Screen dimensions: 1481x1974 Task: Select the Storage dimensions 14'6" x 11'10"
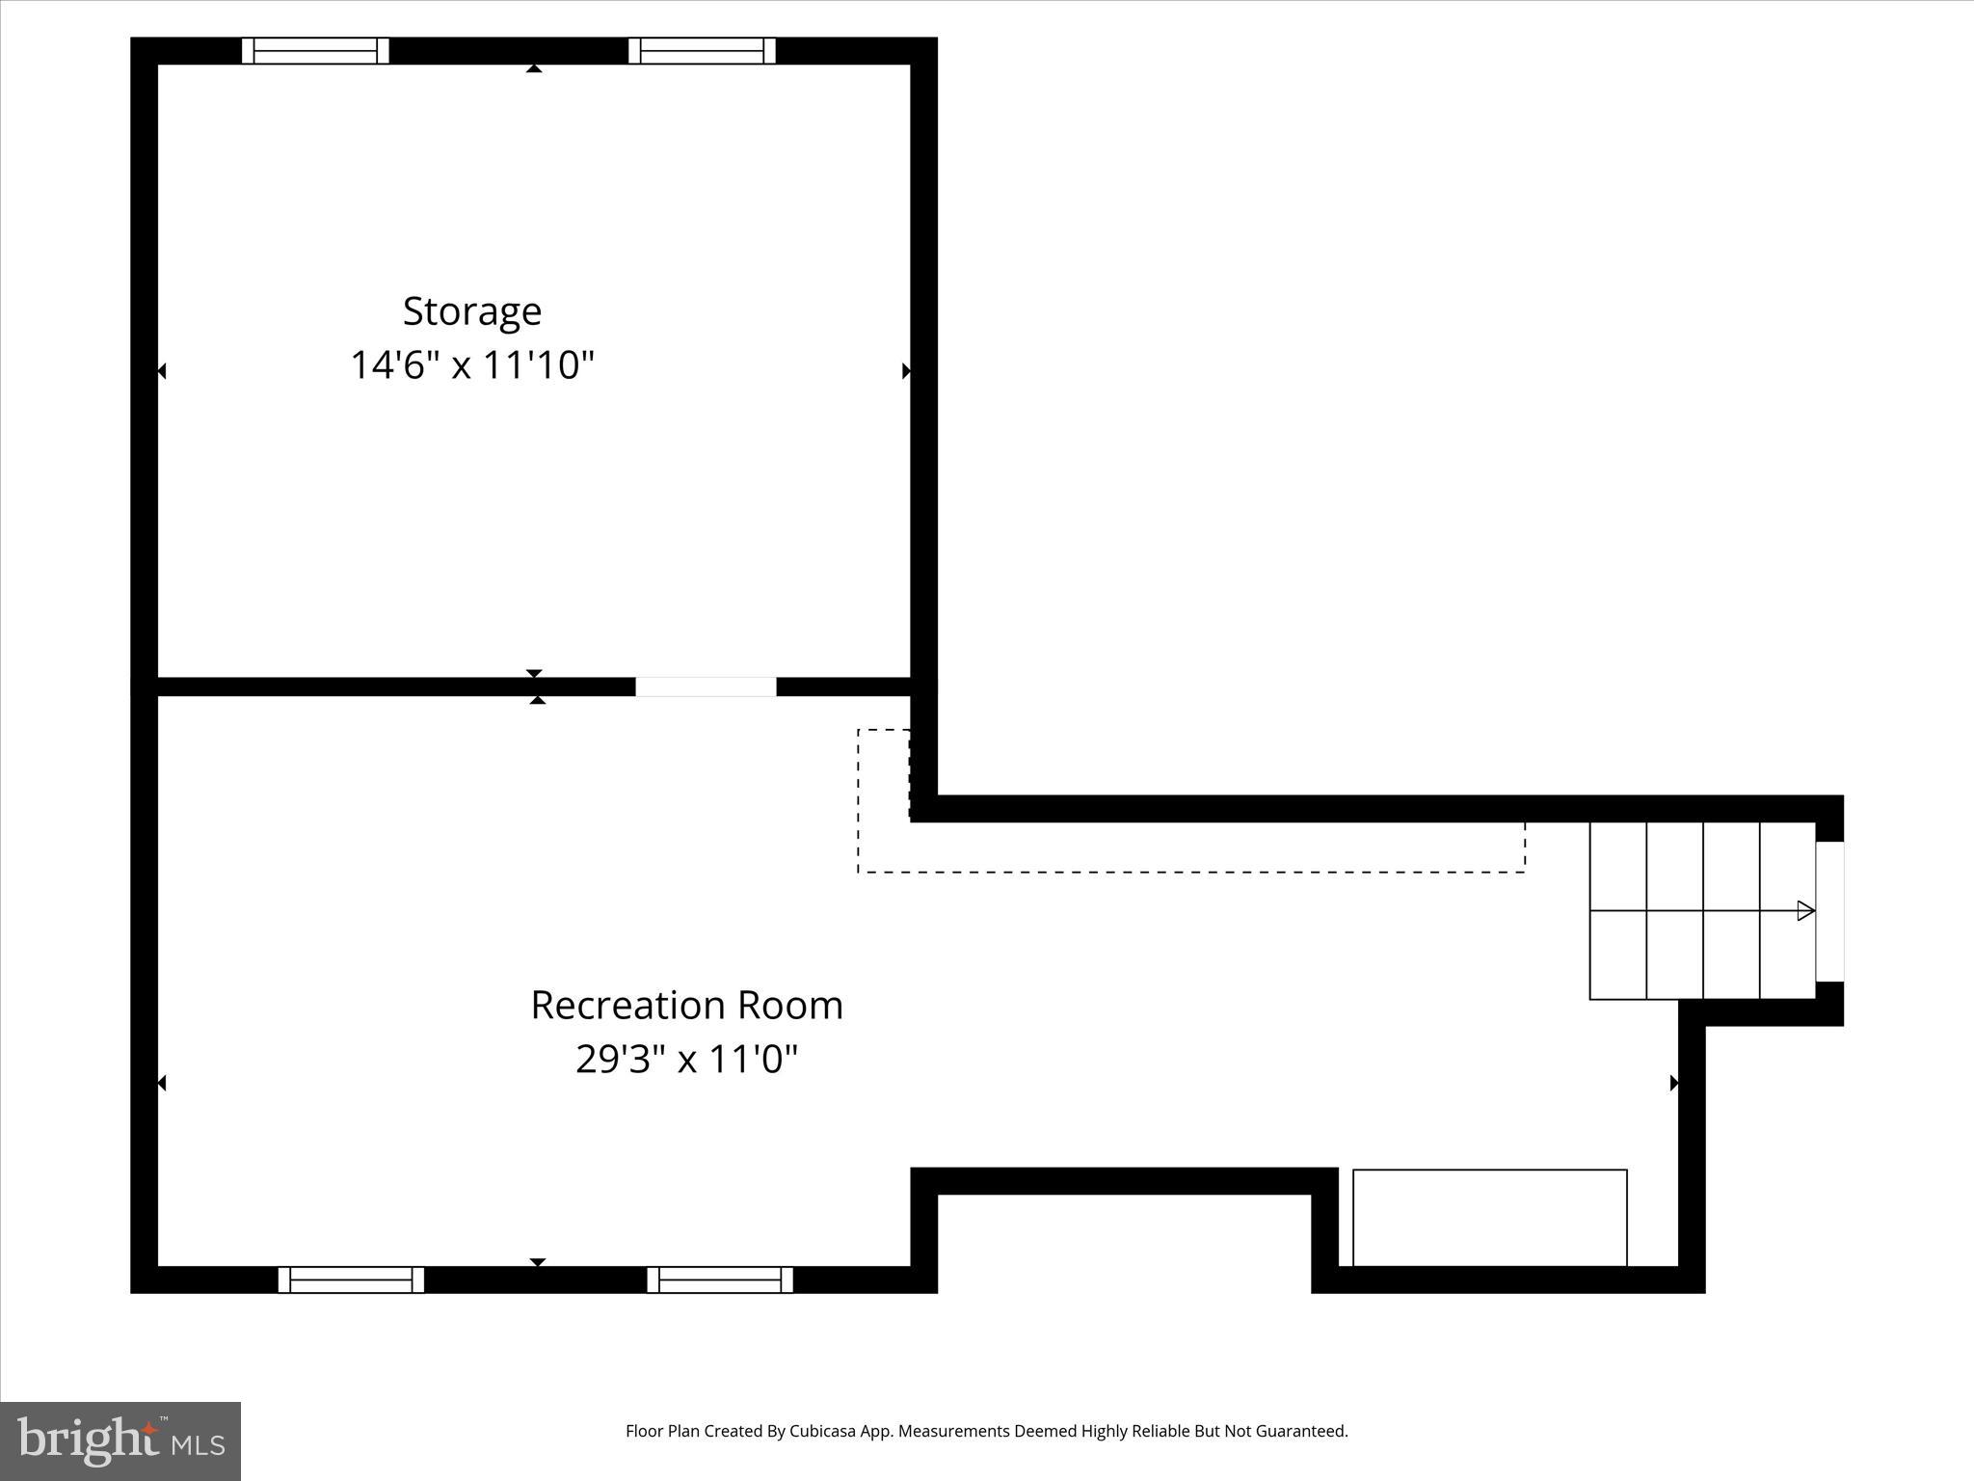pos(471,366)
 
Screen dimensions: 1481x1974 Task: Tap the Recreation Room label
pos(686,1006)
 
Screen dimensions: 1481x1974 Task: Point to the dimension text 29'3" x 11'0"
pos(686,1060)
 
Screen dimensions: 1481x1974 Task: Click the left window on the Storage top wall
pos(315,51)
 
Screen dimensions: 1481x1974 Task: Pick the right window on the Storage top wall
pos(702,51)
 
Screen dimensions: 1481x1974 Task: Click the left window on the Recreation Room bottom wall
pos(351,1279)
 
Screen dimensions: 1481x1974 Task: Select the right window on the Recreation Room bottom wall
pos(720,1279)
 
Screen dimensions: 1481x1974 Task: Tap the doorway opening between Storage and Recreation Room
pos(706,687)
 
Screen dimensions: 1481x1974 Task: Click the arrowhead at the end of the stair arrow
pos(1806,910)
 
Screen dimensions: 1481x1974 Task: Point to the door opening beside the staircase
pos(1829,911)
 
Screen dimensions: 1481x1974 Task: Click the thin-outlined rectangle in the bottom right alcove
pos(1489,1217)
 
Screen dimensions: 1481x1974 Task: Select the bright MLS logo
pos(120,1441)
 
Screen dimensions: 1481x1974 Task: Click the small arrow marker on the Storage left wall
pos(162,370)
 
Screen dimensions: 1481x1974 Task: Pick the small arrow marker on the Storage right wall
pos(906,370)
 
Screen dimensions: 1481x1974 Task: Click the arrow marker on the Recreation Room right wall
pos(1674,1083)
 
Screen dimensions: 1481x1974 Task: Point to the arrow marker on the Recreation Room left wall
pos(162,1083)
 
